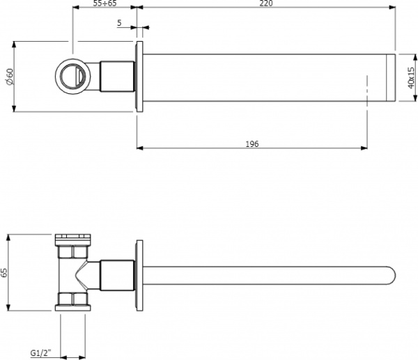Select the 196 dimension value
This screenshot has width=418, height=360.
coord(252,143)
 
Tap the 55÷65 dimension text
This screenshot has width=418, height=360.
coord(104,4)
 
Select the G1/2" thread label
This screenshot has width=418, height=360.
coord(40,352)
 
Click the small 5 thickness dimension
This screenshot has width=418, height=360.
coord(119,23)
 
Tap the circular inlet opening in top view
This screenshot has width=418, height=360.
coord(72,75)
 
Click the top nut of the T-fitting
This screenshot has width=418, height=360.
coord(72,239)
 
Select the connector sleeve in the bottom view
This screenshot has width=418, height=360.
coord(117,275)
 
